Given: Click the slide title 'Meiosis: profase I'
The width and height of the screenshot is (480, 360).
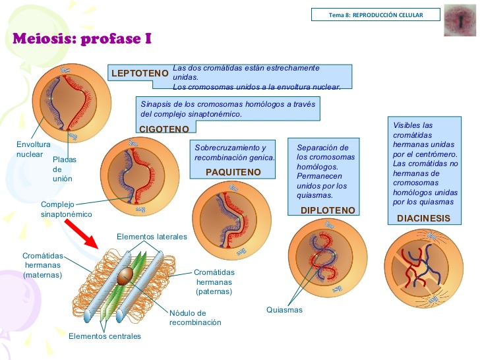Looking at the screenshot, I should coord(82,38).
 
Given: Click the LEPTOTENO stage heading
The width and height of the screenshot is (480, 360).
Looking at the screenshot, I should coord(140,73).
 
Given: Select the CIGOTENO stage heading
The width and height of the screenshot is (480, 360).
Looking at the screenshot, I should coord(164,129).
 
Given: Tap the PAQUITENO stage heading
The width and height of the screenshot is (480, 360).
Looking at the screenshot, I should coord(233,172).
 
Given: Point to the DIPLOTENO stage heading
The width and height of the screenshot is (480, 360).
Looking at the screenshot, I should coord(328,210).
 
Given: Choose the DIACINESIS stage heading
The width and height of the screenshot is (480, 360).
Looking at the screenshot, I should coord(423,218).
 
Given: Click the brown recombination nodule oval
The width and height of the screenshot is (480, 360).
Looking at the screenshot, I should coord(124,279).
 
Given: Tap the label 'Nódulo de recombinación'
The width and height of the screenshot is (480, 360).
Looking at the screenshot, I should coord(195,318).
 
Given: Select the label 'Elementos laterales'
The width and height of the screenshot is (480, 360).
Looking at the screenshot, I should coord(152,237).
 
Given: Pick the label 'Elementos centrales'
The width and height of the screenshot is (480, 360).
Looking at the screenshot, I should coord(105,336).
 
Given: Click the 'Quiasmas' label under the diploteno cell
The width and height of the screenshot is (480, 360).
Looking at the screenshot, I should coord(284,310).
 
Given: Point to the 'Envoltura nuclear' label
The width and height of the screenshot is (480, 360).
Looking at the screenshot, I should coord(30,149).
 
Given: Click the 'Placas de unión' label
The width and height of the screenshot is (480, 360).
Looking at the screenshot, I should coord(65,169).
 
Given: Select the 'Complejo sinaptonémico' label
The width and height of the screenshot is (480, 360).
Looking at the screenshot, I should coord(67,210).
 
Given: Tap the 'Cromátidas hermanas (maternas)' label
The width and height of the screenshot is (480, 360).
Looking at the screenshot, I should coord(42,265).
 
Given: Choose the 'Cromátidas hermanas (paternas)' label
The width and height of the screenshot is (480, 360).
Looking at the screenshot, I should coord(214,282).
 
